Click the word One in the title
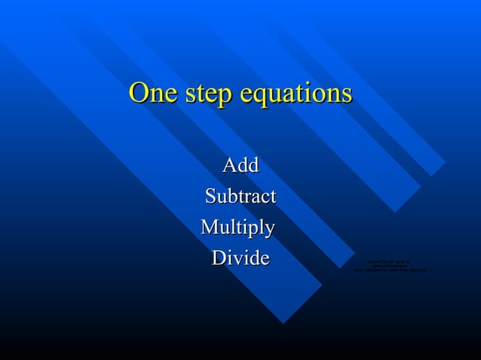tap(154, 93)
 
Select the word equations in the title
tap(296, 95)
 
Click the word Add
tap(240, 165)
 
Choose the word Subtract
tap(240, 197)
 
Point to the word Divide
tap(240, 258)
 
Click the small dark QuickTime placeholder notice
tap(390, 266)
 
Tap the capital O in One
tap(139, 93)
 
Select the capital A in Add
tap(229, 165)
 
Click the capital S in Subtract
tap(210, 197)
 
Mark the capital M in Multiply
tap(210, 227)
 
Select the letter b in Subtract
tap(234, 197)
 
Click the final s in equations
tap(346, 95)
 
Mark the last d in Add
tap(253, 165)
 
